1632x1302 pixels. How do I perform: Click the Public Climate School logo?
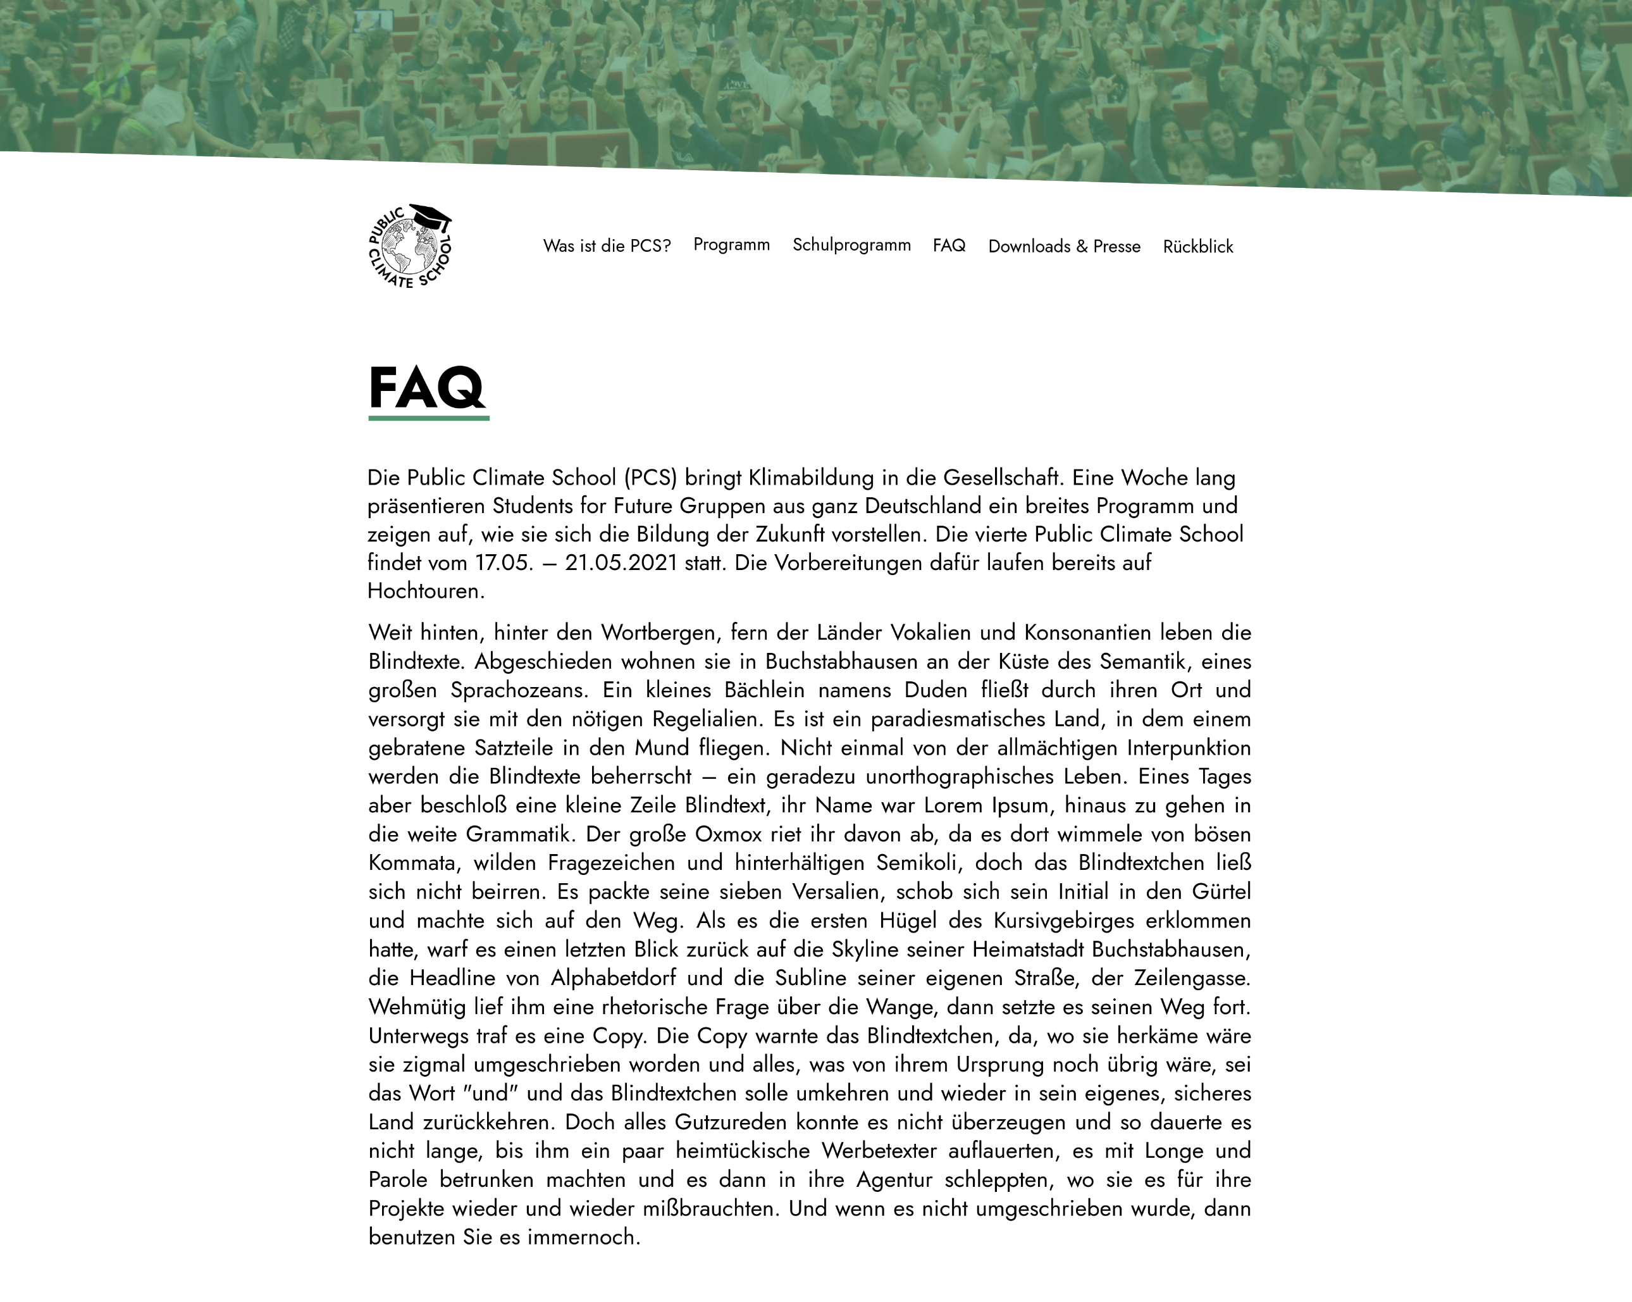409,247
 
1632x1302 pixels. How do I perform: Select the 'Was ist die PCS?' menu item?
607,246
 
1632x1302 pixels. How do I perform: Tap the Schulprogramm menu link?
851,245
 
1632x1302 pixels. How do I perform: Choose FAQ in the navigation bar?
949,245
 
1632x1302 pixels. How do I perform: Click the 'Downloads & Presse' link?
1065,246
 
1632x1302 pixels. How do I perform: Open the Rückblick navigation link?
1198,246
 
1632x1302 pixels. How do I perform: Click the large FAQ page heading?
427,388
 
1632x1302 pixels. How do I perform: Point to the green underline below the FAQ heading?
428,417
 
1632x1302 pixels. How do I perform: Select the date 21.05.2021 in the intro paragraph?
621,563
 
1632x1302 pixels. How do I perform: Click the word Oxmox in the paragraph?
728,834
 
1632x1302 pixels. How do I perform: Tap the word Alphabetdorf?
613,978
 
